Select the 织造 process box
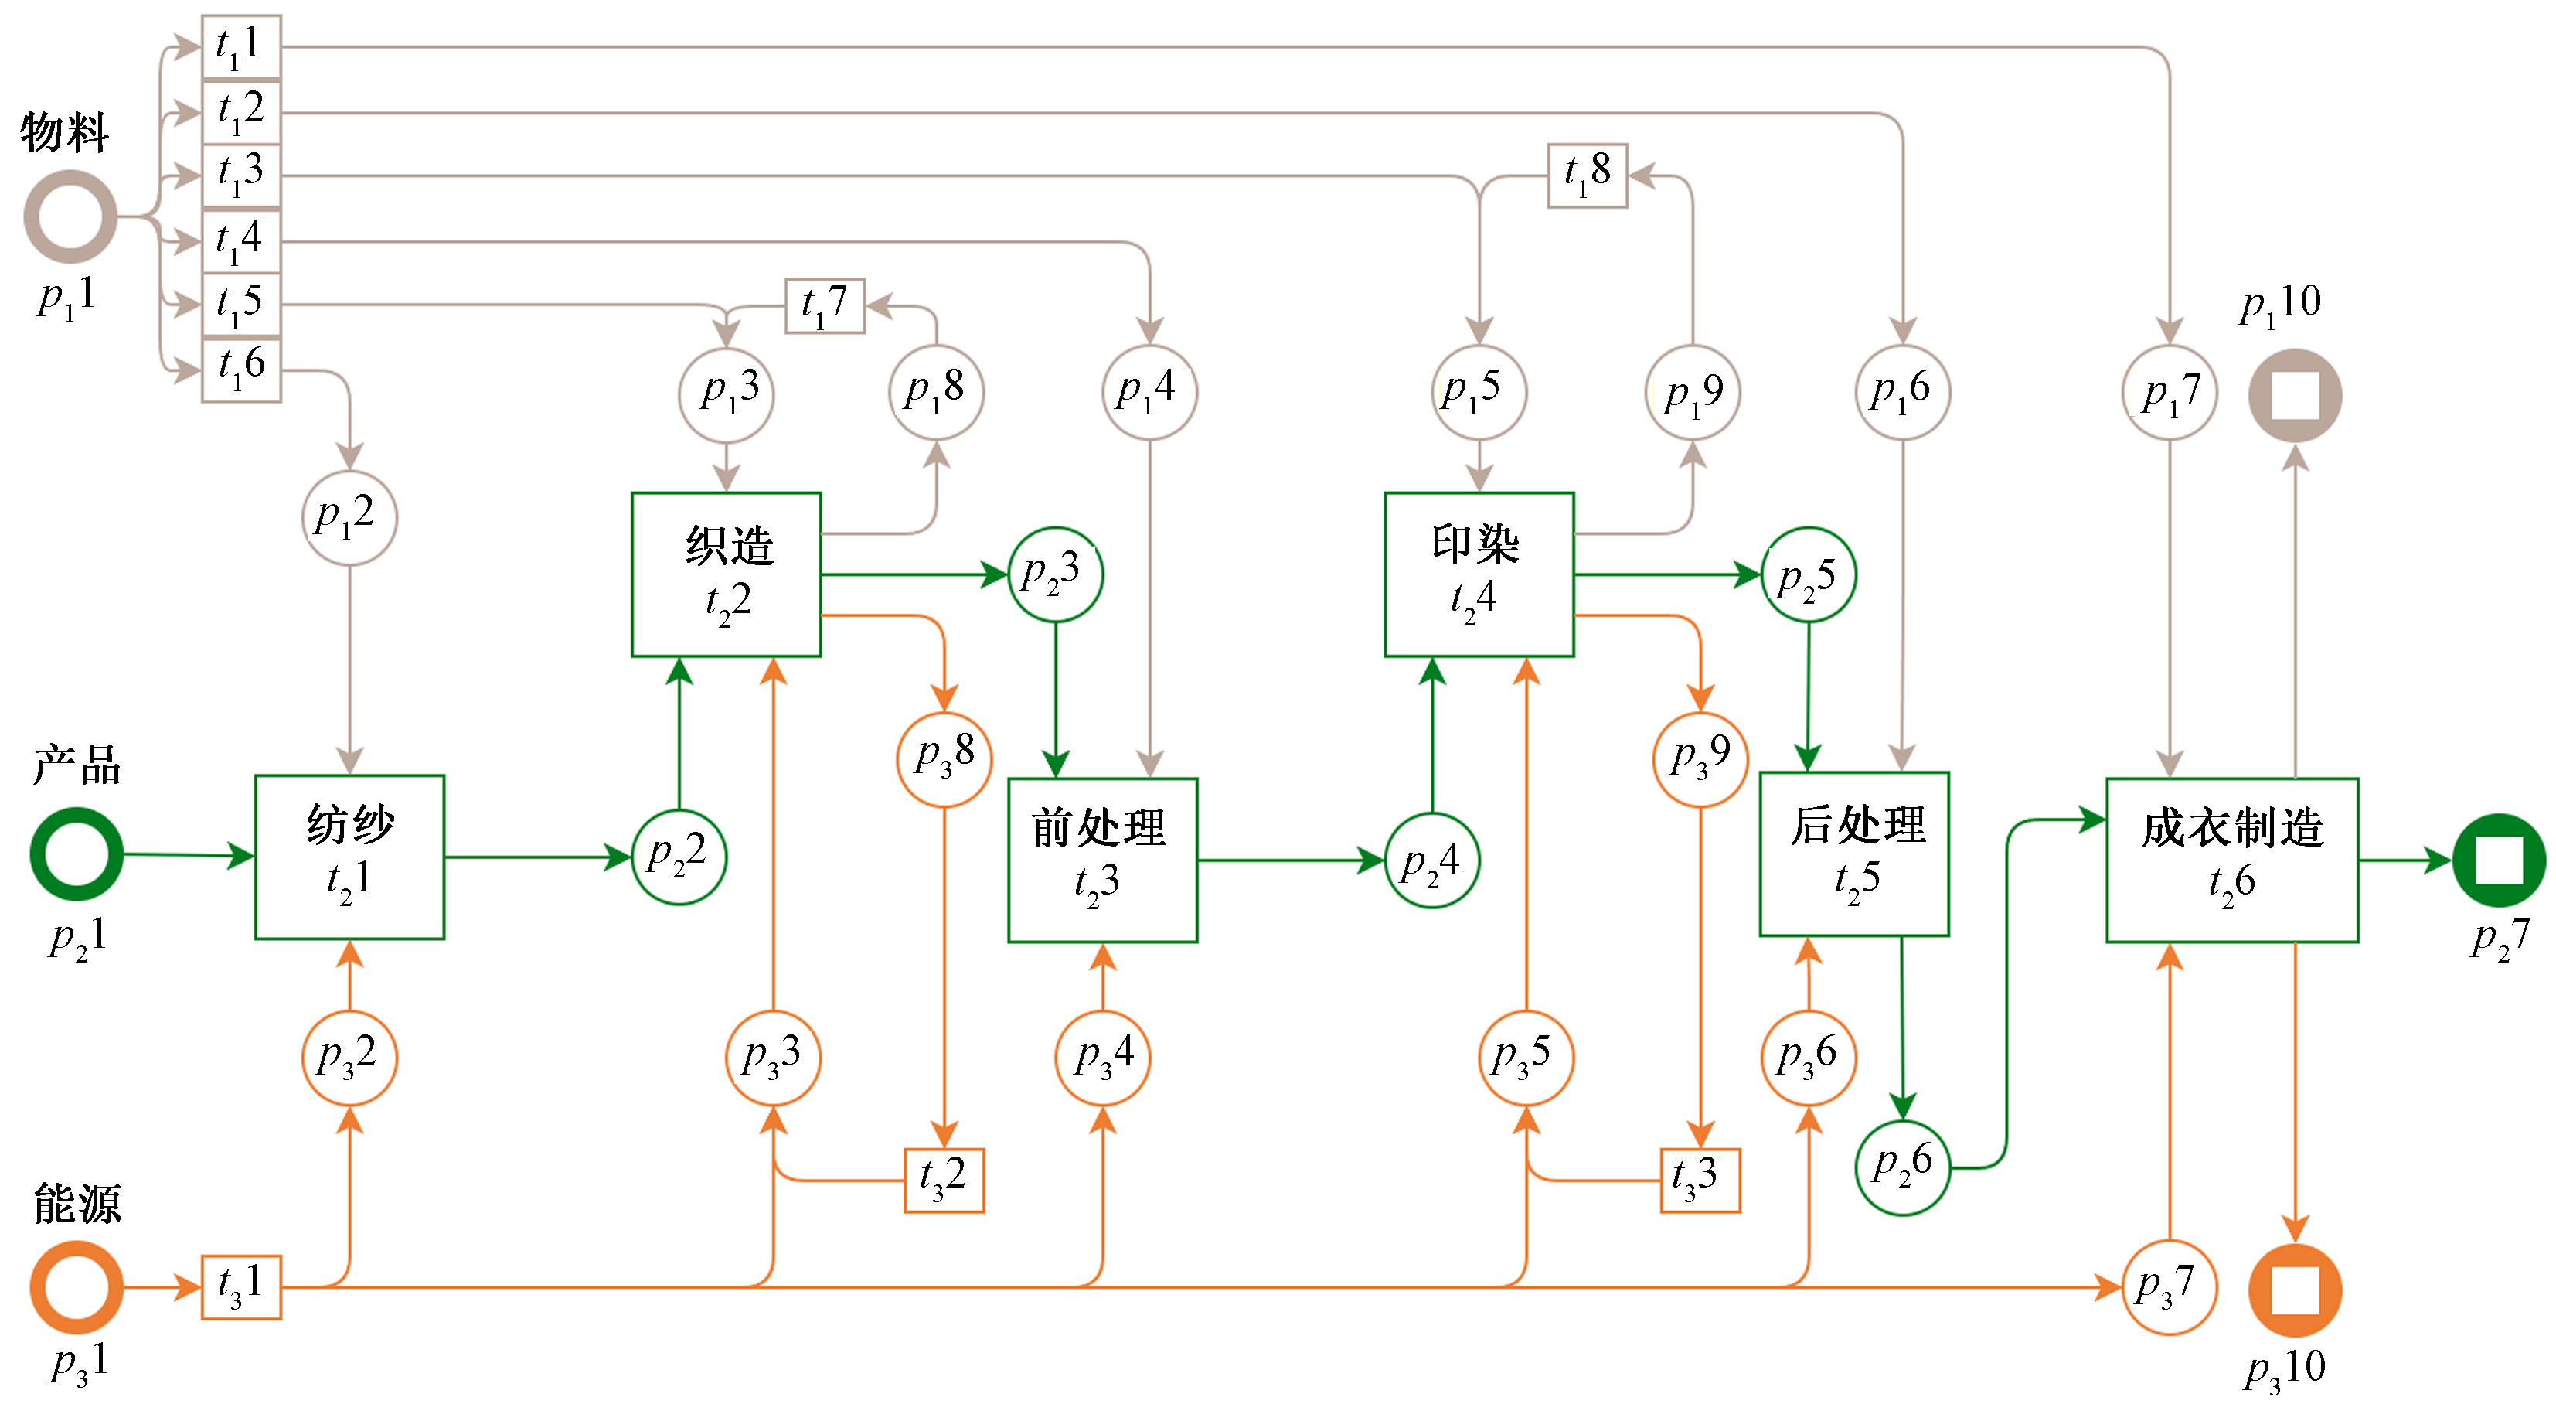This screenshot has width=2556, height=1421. (x=727, y=574)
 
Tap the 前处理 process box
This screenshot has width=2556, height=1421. (x=1102, y=860)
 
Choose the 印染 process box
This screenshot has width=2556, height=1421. (x=1479, y=574)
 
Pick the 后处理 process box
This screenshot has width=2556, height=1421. (x=1853, y=854)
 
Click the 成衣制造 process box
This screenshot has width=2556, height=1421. (x=2231, y=860)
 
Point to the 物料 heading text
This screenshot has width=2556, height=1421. (x=64, y=132)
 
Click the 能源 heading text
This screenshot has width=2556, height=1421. (x=77, y=1204)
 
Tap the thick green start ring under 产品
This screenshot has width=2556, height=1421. (x=77, y=854)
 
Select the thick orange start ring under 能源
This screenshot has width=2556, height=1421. (x=77, y=1287)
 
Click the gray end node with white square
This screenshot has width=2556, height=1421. (x=2294, y=395)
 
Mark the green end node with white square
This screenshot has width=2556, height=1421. (x=2499, y=860)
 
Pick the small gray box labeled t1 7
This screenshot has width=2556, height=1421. (x=825, y=305)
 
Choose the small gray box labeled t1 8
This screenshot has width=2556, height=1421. (x=1587, y=175)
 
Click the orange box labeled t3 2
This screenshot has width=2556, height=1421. (x=944, y=1180)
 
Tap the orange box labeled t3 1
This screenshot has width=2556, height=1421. (x=241, y=1287)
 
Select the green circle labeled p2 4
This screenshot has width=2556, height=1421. (x=1431, y=860)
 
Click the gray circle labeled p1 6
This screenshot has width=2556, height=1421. (x=1902, y=392)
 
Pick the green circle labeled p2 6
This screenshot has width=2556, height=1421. (x=1902, y=1167)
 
